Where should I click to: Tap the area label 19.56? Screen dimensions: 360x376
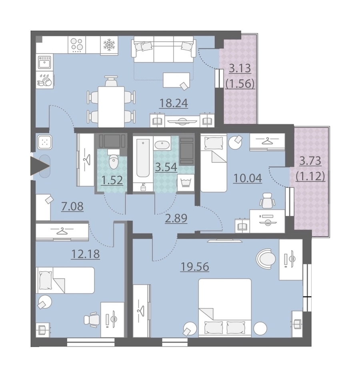point(194,267)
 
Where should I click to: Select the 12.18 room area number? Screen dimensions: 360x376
point(85,254)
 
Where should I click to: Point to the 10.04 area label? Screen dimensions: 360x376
point(248,178)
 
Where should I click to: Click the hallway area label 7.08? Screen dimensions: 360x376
point(72,206)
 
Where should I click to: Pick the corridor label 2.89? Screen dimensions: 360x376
point(176,218)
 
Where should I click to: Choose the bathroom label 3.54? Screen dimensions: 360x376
point(166,167)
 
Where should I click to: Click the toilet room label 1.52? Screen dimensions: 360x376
point(112,180)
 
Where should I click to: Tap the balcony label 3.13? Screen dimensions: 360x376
point(240,68)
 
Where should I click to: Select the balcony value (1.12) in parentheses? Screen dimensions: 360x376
point(310,177)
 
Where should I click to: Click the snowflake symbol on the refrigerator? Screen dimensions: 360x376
point(109,45)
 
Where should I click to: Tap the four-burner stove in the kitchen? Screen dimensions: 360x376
point(77,45)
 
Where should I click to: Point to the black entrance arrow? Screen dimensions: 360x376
point(40,166)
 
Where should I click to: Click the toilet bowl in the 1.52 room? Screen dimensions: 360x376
point(113,161)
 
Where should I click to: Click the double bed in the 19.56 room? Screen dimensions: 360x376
point(225,308)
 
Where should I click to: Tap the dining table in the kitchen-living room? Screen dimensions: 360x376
point(111,107)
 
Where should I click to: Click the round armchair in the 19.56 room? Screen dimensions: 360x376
point(266,258)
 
